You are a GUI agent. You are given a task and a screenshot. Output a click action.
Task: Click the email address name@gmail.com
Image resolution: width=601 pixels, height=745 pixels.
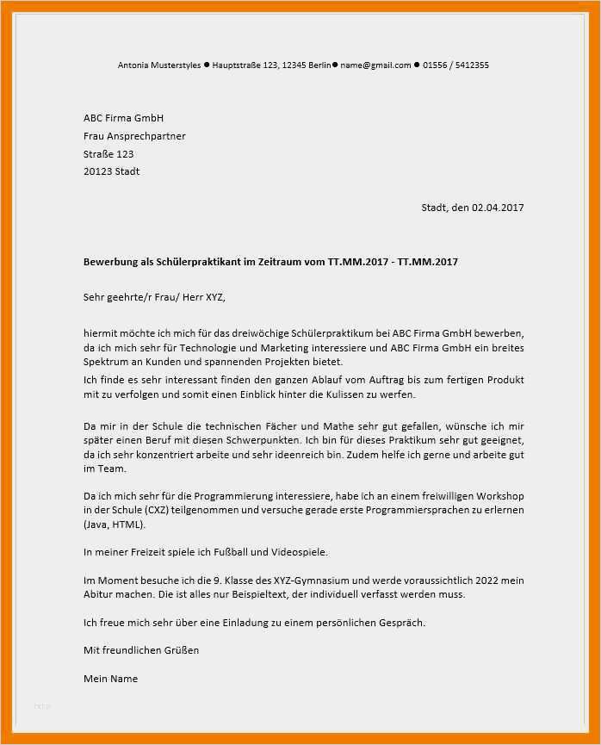375,65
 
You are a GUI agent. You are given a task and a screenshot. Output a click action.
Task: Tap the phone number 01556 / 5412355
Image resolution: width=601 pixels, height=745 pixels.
458,65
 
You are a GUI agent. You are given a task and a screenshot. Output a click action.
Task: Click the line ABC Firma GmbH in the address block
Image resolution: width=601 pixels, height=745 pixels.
123,118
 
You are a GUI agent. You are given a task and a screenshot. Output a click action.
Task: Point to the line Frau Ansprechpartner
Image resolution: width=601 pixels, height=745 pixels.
134,136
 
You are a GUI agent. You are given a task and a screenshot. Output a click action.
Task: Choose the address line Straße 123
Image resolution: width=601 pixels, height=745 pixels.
108,154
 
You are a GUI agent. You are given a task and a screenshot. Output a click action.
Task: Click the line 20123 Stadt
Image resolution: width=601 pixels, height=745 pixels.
111,171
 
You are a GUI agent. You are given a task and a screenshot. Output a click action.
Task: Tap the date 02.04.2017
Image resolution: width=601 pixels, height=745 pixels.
498,208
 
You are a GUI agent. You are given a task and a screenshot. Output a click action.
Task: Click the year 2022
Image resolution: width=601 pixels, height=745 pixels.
498,580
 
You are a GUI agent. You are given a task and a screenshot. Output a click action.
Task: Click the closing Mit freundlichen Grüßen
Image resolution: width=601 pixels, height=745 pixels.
141,650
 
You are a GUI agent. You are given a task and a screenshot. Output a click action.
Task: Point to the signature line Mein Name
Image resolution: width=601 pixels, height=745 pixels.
110,679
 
